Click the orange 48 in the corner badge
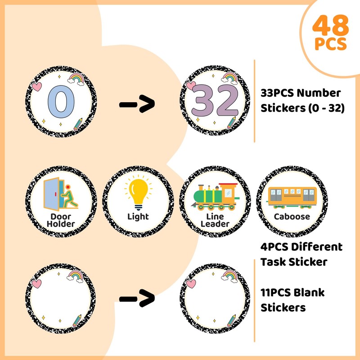(331, 27)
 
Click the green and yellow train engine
(215, 196)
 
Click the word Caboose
(292, 216)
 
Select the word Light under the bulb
(138, 216)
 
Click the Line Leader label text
(215, 220)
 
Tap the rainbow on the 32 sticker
(229, 78)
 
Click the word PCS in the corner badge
(331, 45)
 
